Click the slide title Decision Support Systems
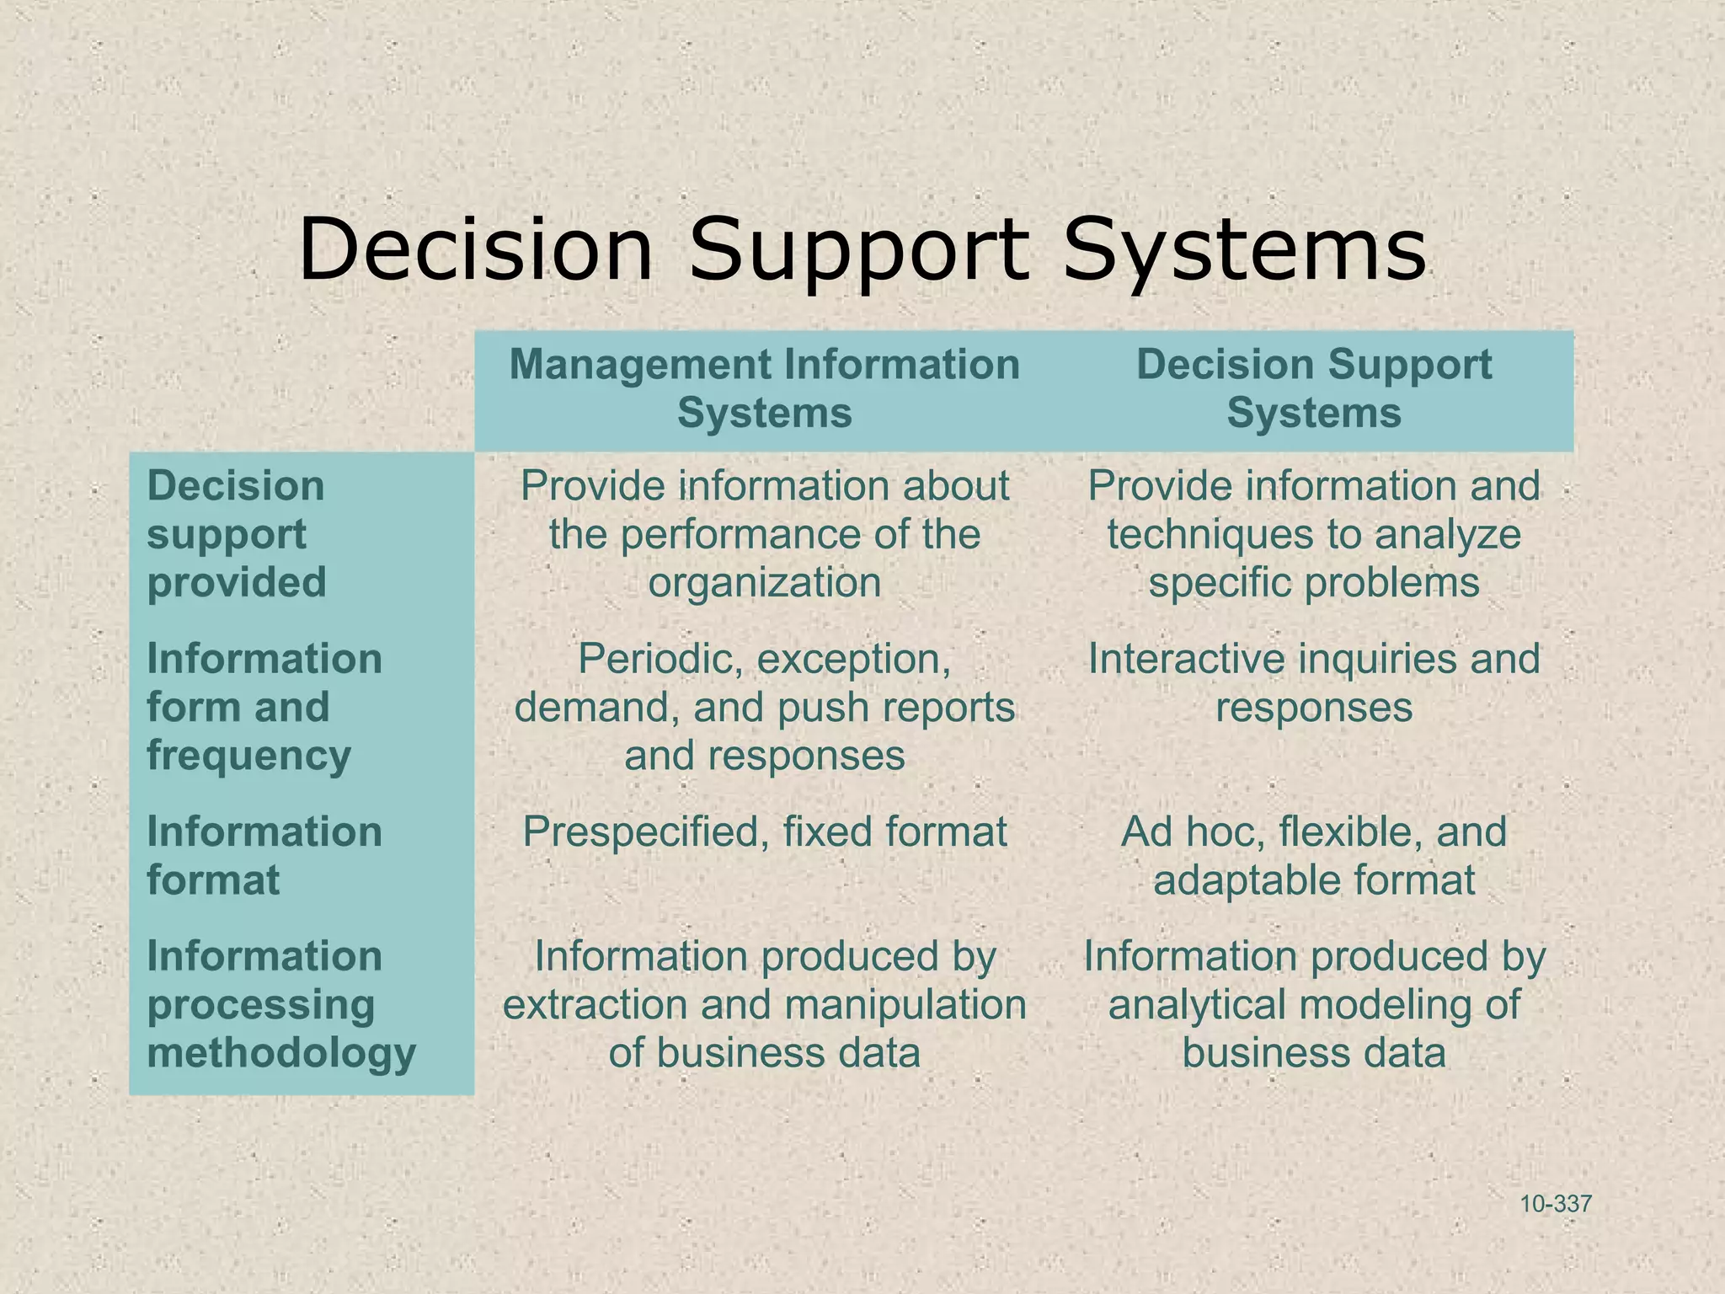point(862,250)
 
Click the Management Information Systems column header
point(764,389)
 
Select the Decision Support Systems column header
point(1313,389)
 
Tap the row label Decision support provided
point(237,534)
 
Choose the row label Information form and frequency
point(264,707)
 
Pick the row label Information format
point(264,856)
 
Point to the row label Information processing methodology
point(281,1004)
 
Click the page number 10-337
point(1556,1204)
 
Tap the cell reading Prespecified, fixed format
point(764,832)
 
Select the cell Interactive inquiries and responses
point(1313,683)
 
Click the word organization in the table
point(764,583)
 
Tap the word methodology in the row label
point(281,1053)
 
